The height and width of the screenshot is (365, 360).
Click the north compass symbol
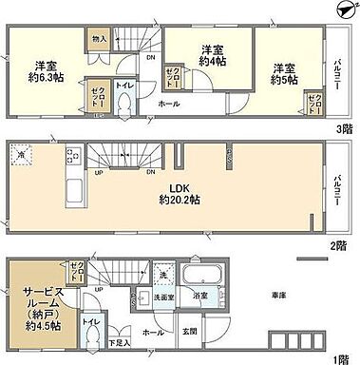[343, 9]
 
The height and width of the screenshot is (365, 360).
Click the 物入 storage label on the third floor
[99, 40]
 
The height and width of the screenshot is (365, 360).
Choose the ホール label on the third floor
[169, 103]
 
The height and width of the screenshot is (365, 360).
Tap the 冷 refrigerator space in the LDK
[21, 152]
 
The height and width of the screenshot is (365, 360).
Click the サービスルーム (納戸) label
[36, 307]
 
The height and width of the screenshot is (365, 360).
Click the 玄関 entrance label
[191, 331]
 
